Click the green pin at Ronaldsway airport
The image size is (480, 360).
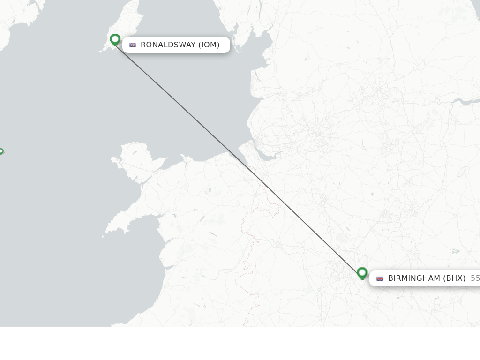[115, 40]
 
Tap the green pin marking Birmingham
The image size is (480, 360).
[362, 272]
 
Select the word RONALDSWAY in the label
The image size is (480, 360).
[168, 45]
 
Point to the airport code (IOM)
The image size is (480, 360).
[209, 45]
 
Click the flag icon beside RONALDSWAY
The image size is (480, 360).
[133, 45]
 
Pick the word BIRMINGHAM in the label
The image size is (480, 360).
[414, 278]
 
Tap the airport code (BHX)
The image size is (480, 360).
[454, 278]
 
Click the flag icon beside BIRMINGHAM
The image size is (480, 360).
[380, 278]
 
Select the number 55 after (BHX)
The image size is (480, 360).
[475, 278]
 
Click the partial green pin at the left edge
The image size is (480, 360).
[1, 151]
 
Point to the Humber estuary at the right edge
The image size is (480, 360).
[466, 101]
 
